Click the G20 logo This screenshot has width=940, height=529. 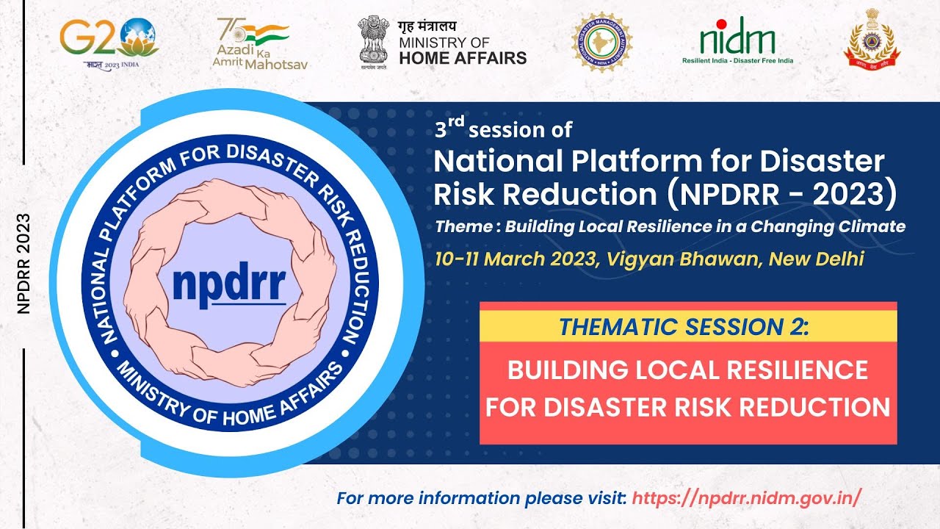(109, 40)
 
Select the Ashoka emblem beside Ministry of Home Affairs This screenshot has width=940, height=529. (375, 40)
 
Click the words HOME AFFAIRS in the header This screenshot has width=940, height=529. (463, 57)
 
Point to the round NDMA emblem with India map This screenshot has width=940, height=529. (602, 41)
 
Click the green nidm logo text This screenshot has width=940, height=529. (737, 37)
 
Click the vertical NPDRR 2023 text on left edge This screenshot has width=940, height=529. (23, 264)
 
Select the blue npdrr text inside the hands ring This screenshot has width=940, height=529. (229, 283)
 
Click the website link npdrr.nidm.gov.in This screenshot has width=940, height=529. (745, 497)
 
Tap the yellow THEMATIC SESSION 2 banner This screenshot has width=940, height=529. (688, 325)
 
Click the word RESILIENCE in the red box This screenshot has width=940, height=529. (784, 370)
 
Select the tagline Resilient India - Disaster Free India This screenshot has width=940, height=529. (737, 61)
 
